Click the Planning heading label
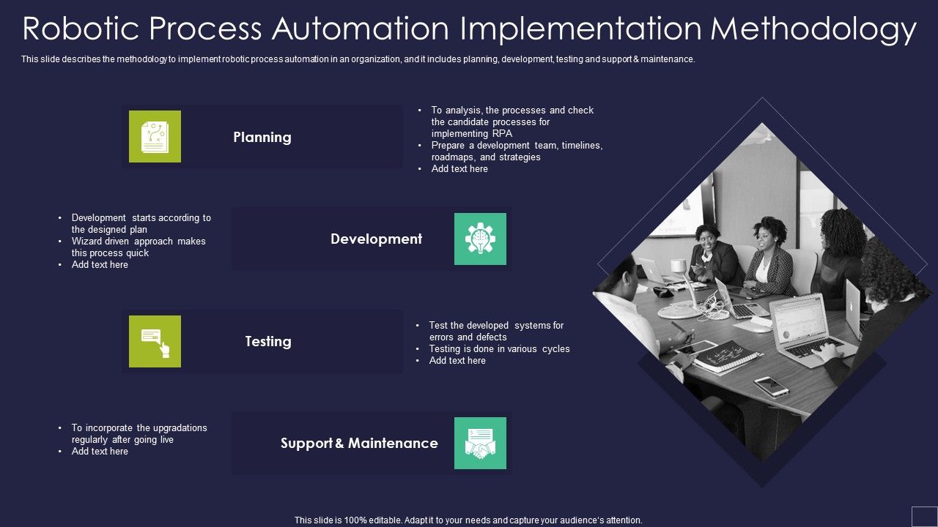tap(262, 137)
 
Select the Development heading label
tap(376, 239)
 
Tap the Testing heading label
tap(267, 341)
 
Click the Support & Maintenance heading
tap(359, 443)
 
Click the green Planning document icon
tap(155, 136)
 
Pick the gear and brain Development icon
tap(480, 239)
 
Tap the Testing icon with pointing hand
tap(155, 341)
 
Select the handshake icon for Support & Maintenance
tap(480, 443)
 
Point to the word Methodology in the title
tap(813, 29)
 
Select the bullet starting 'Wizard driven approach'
tap(139, 247)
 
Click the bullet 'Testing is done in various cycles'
tap(499, 349)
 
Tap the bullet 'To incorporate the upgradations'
tap(139, 433)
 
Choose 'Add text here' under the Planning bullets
tap(459, 169)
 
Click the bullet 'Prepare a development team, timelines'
tap(517, 152)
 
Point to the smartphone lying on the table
tap(771, 386)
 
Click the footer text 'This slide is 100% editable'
tap(468, 520)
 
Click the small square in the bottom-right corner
tap(924, 515)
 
